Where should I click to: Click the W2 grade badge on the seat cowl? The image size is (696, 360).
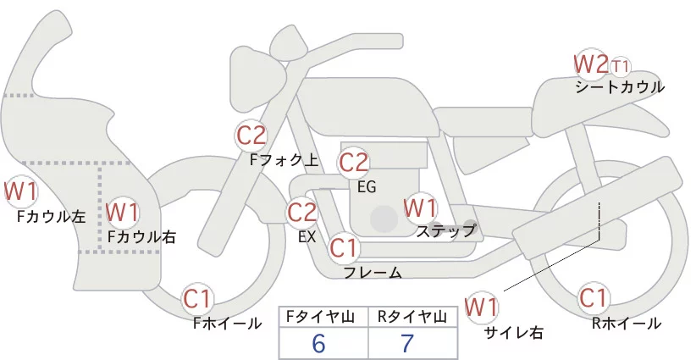pos(590,64)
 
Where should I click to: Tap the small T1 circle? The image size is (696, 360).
pos(621,65)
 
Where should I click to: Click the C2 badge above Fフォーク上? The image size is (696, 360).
pos(251,135)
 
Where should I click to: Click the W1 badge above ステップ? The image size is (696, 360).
pos(420,208)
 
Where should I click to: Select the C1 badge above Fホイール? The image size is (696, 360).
pos(200,298)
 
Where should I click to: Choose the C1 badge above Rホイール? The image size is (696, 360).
pos(594,298)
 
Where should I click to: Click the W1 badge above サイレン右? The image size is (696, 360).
pos(482,306)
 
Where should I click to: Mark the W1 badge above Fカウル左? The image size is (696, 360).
pos(20,191)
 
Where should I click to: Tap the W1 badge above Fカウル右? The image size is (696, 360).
pos(123,209)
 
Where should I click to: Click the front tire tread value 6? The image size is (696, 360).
pos(318,343)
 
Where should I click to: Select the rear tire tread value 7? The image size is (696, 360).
pos(407,343)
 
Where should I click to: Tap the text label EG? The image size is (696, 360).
pos(366,186)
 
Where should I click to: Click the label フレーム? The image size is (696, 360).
pos(373,272)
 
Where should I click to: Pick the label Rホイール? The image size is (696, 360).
pos(627,323)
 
